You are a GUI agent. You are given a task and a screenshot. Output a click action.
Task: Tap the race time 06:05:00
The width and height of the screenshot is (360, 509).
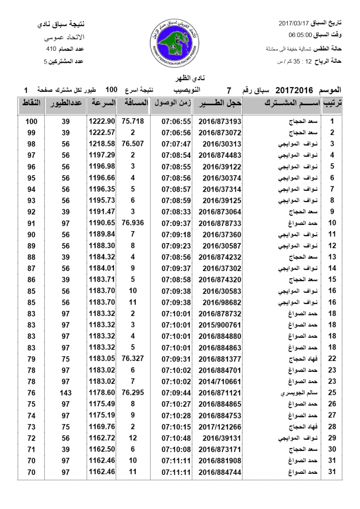click(x=301, y=35)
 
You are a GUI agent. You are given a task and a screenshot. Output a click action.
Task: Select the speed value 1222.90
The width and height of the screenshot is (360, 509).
click(x=102, y=121)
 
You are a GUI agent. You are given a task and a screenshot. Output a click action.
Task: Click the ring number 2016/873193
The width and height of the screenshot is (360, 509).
click(x=219, y=121)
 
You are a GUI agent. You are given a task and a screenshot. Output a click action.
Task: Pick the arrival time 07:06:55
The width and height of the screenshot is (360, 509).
click(x=176, y=121)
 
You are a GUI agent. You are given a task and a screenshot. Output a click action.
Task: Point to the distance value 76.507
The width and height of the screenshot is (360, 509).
click(x=132, y=144)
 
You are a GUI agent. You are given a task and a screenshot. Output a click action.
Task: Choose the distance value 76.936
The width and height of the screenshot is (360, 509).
click(x=132, y=222)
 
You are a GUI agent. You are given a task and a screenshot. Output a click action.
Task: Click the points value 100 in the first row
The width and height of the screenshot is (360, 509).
click(x=31, y=121)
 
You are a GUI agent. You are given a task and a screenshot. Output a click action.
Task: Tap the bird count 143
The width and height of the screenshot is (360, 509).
click(x=66, y=393)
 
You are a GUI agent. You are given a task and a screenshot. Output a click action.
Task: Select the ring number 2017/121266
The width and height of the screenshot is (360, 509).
click(x=219, y=427)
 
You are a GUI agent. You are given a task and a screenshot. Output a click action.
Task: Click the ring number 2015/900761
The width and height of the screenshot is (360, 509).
click(x=219, y=325)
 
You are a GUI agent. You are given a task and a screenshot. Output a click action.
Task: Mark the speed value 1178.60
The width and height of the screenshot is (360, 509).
click(x=102, y=393)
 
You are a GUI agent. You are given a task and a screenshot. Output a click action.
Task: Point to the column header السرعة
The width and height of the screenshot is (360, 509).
click(x=102, y=103)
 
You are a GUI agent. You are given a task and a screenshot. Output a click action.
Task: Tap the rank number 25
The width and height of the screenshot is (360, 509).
click(x=332, y=393)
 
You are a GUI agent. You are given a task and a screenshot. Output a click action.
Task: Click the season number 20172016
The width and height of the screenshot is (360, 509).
click(x=294, y=90)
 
